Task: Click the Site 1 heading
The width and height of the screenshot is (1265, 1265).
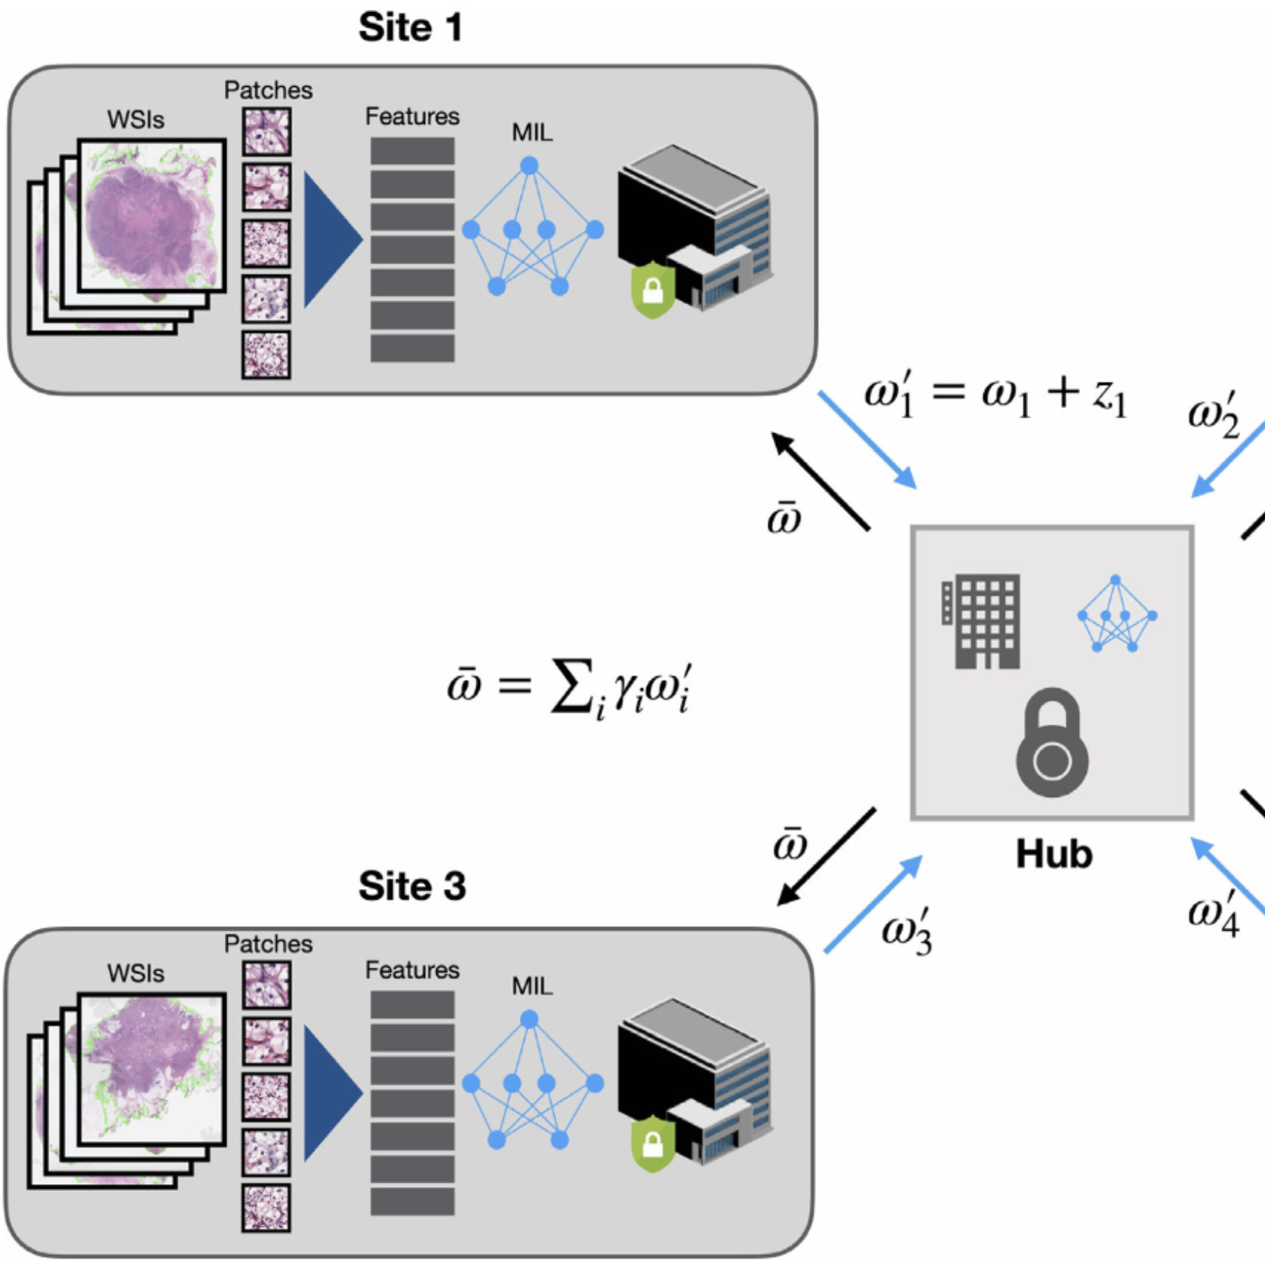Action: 410,28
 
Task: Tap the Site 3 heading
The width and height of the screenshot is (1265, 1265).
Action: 411,886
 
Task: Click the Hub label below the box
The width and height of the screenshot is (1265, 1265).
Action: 1054,854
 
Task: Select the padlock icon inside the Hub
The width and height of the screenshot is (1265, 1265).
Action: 1052,743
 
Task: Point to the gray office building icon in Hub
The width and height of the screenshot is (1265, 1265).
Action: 982,621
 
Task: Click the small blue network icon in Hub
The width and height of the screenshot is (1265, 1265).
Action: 1116,614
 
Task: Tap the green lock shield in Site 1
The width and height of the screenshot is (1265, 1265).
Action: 653,290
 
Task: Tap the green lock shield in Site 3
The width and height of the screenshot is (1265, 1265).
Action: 653,1144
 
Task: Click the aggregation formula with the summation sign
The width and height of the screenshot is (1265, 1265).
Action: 570,687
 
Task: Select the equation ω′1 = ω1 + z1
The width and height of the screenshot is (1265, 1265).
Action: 995,395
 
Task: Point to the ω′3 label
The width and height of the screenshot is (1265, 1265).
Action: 906,931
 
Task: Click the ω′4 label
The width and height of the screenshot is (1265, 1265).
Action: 1213,913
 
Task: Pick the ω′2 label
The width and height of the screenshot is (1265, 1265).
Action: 1213,414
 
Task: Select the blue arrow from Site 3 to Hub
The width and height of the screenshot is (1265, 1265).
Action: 873,905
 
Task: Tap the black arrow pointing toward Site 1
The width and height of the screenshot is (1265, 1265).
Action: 820,482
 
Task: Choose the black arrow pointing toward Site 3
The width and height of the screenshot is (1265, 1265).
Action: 826,857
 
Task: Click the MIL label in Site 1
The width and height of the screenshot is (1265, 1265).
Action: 532,133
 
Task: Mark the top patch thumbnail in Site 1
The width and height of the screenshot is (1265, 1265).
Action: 266,132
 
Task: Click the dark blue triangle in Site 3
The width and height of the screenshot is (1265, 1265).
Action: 330,1093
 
